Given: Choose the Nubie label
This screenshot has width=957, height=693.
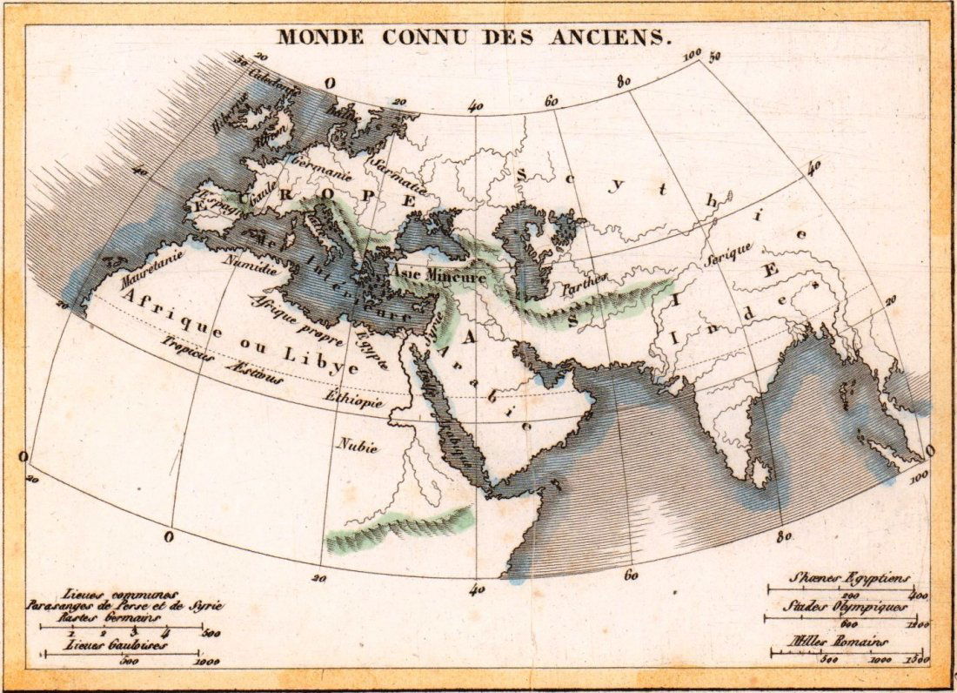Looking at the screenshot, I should [x=358, y=447].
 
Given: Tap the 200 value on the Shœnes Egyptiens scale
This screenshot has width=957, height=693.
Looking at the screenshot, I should [x=826, y=594].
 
